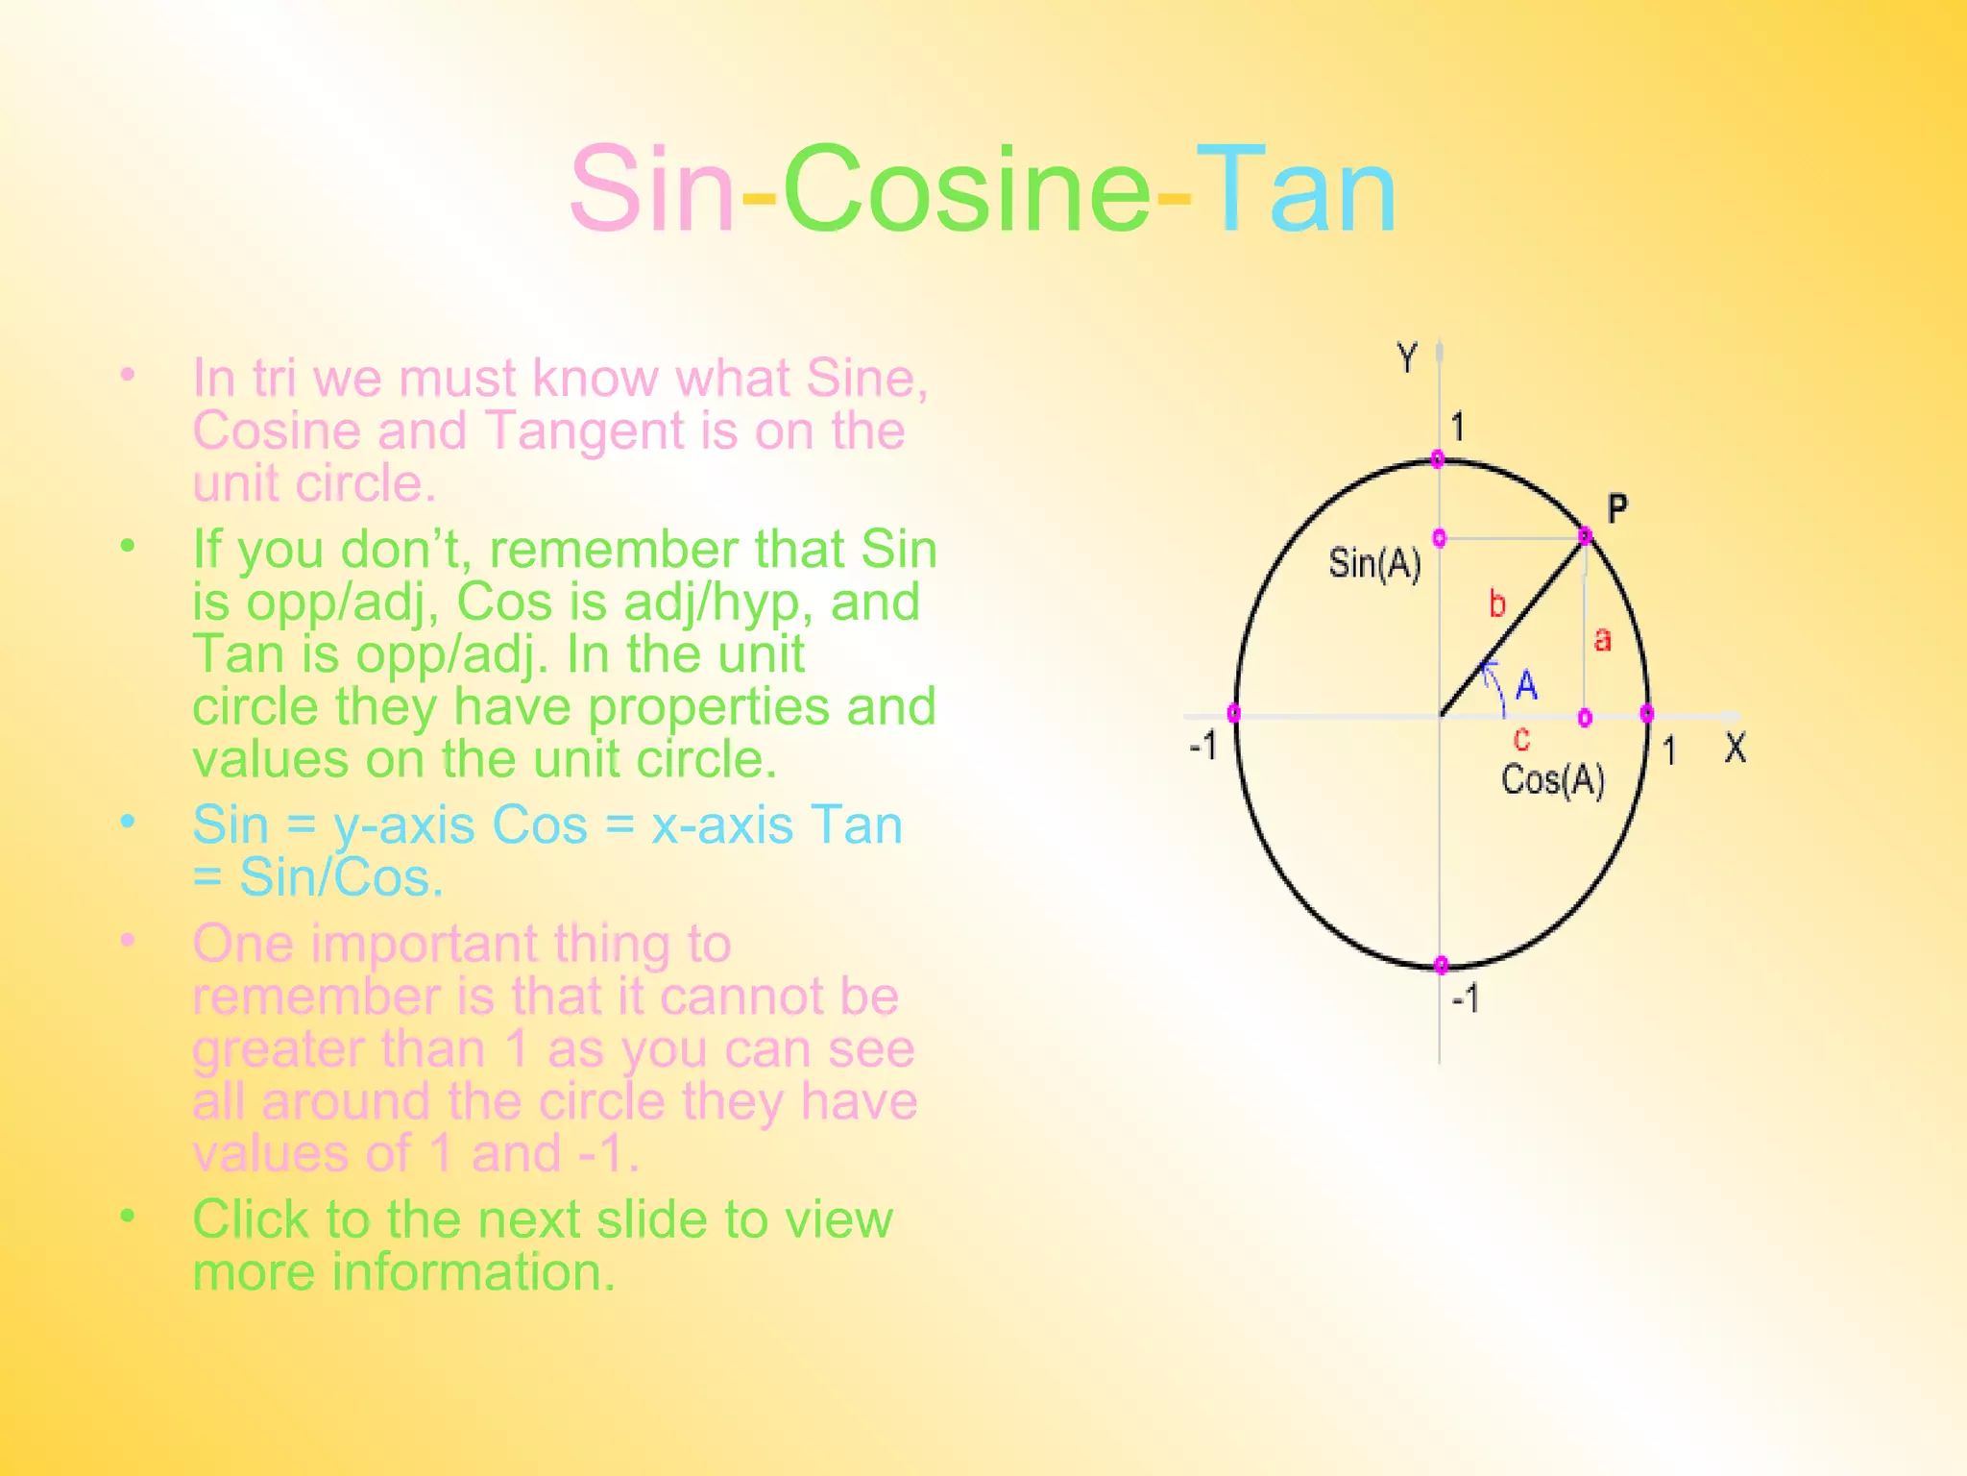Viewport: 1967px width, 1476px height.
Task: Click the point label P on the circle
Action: [x=1617, y=508]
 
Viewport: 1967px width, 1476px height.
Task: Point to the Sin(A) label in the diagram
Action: [x=1374, y=563]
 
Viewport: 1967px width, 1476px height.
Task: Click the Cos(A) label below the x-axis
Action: [x=1553, y=779]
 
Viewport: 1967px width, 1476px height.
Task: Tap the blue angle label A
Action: [x=1526, y=686]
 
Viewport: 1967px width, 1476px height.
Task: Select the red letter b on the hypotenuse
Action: [x=1497, y=603]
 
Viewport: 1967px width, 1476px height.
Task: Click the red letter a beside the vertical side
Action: [x=1602, y=639]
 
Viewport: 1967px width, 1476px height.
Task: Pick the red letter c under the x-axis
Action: [x=1521, y=739]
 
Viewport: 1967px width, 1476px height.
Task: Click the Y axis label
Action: [x=1407, y=358]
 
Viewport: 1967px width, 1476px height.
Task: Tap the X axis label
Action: [x=1735, y=748]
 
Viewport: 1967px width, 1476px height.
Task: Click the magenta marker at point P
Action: [x=1585, y=536]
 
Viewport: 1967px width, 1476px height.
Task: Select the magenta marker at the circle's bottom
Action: [x=1441, y=965]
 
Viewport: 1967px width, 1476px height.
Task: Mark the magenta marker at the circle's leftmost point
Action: [x=1234, y=713]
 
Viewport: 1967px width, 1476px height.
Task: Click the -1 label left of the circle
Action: [x=1203, y=745]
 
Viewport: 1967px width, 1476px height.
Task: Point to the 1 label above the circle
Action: [x=1457, y=427]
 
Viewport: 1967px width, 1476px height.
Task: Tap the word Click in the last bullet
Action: [x=251, y=1219]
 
